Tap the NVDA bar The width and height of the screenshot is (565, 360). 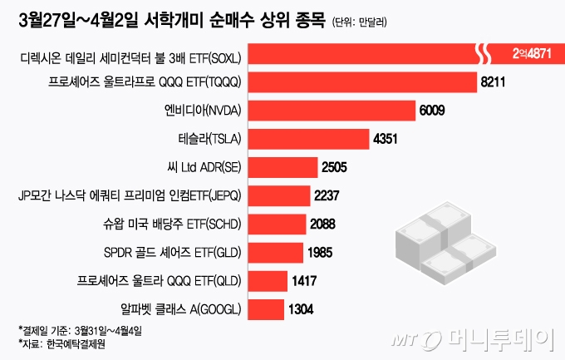click(x=332, y=111)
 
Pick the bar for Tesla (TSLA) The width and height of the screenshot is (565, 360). click(x=308, y=139)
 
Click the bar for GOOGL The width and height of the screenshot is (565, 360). click(x=265, y=308)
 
